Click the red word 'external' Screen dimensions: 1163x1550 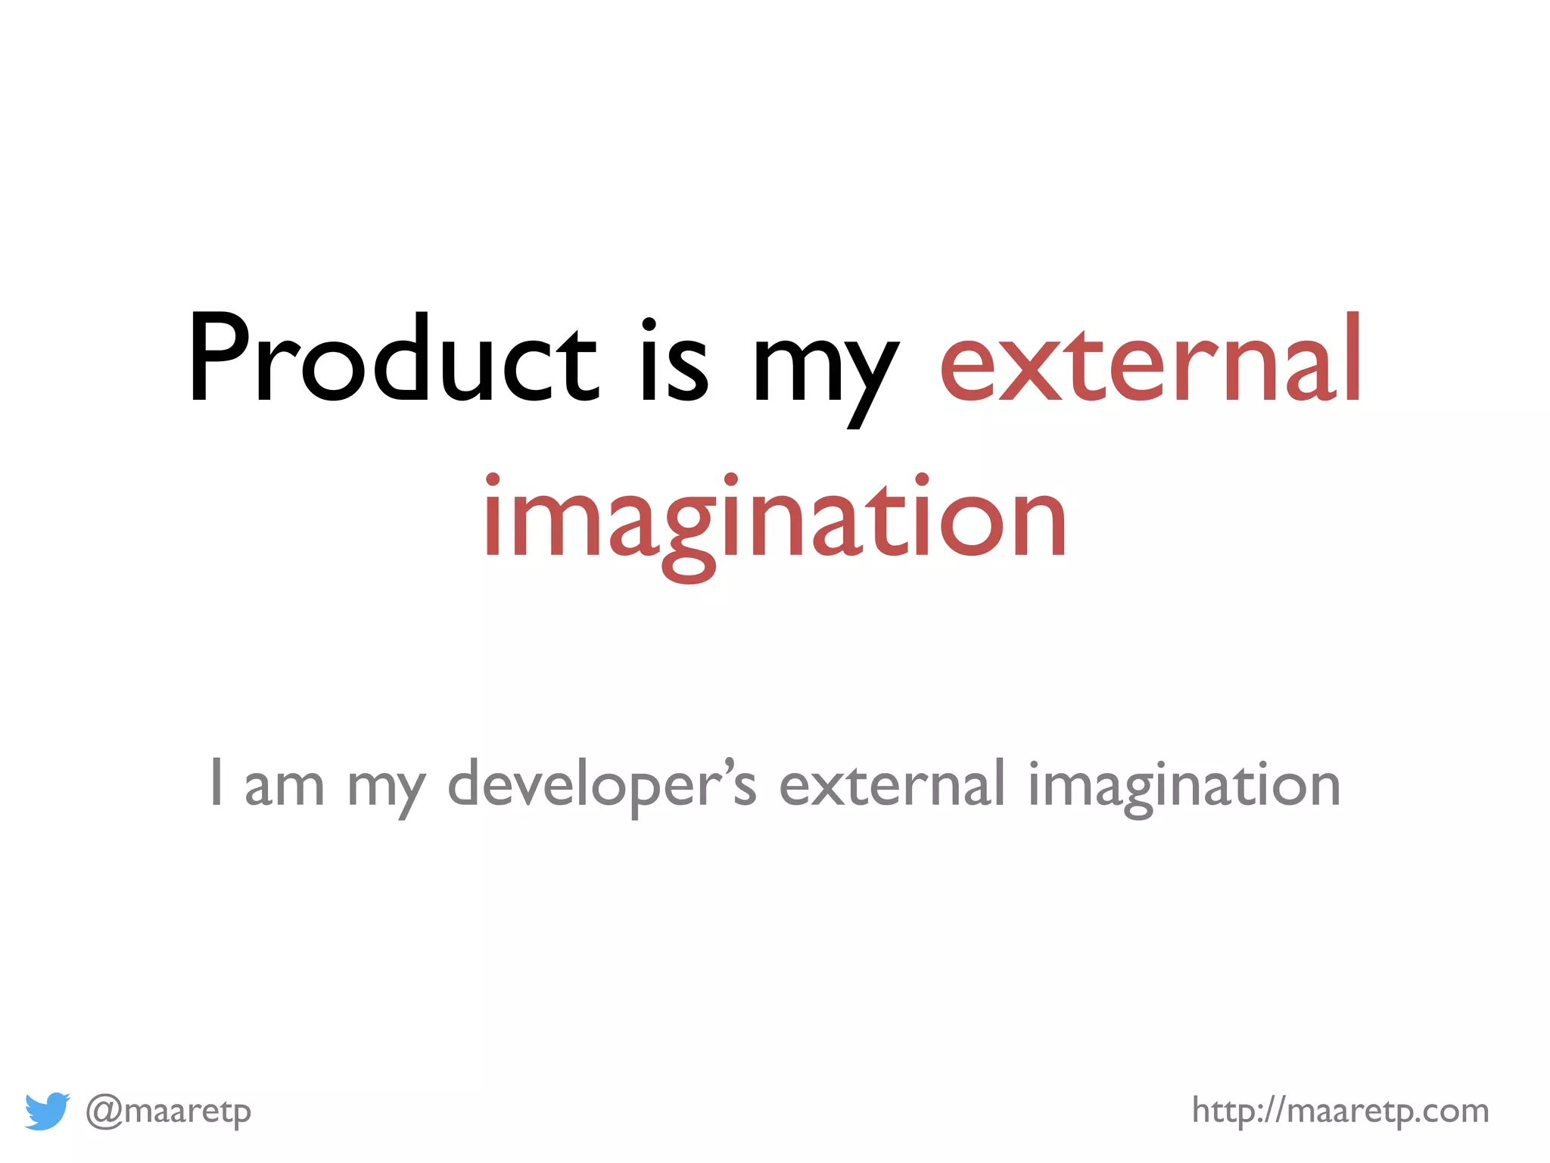(1150, 360)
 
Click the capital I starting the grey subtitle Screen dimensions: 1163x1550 (216, 781)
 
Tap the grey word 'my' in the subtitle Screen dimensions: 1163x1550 (386, 791)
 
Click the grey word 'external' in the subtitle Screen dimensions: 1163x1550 (892, 783)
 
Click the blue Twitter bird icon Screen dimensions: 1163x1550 (47, 1111)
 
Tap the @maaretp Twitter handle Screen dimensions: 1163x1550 (168, 1112)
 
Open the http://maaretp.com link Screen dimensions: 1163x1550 (1340, 1111)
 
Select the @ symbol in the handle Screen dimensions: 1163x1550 (104, 1112)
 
